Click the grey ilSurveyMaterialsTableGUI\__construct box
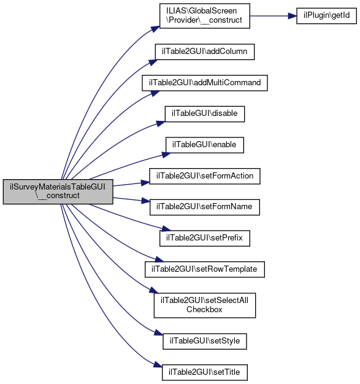click(58, 191)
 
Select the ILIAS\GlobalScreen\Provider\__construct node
click(204, 16)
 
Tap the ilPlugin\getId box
click(326, 16)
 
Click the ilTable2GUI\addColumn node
click(204, 52)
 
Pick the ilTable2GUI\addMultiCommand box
click(204, 83)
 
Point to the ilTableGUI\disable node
click(204, 114)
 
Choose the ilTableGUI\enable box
click(204, 145)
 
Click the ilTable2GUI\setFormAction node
click(204, 176)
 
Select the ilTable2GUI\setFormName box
click(204, 207)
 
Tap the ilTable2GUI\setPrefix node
click(204, 238)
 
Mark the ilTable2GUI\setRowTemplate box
click(204, 269)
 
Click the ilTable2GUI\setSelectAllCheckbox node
click(204, 305)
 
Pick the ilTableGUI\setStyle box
click(204, 341)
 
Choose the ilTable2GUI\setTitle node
click(204, 372)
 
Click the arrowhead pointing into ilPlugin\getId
click(292, 16)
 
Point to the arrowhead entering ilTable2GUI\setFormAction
click(145, 183)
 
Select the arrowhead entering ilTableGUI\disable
click(161, 123)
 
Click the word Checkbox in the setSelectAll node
click(204, 310)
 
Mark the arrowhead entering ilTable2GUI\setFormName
click(145, 201)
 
